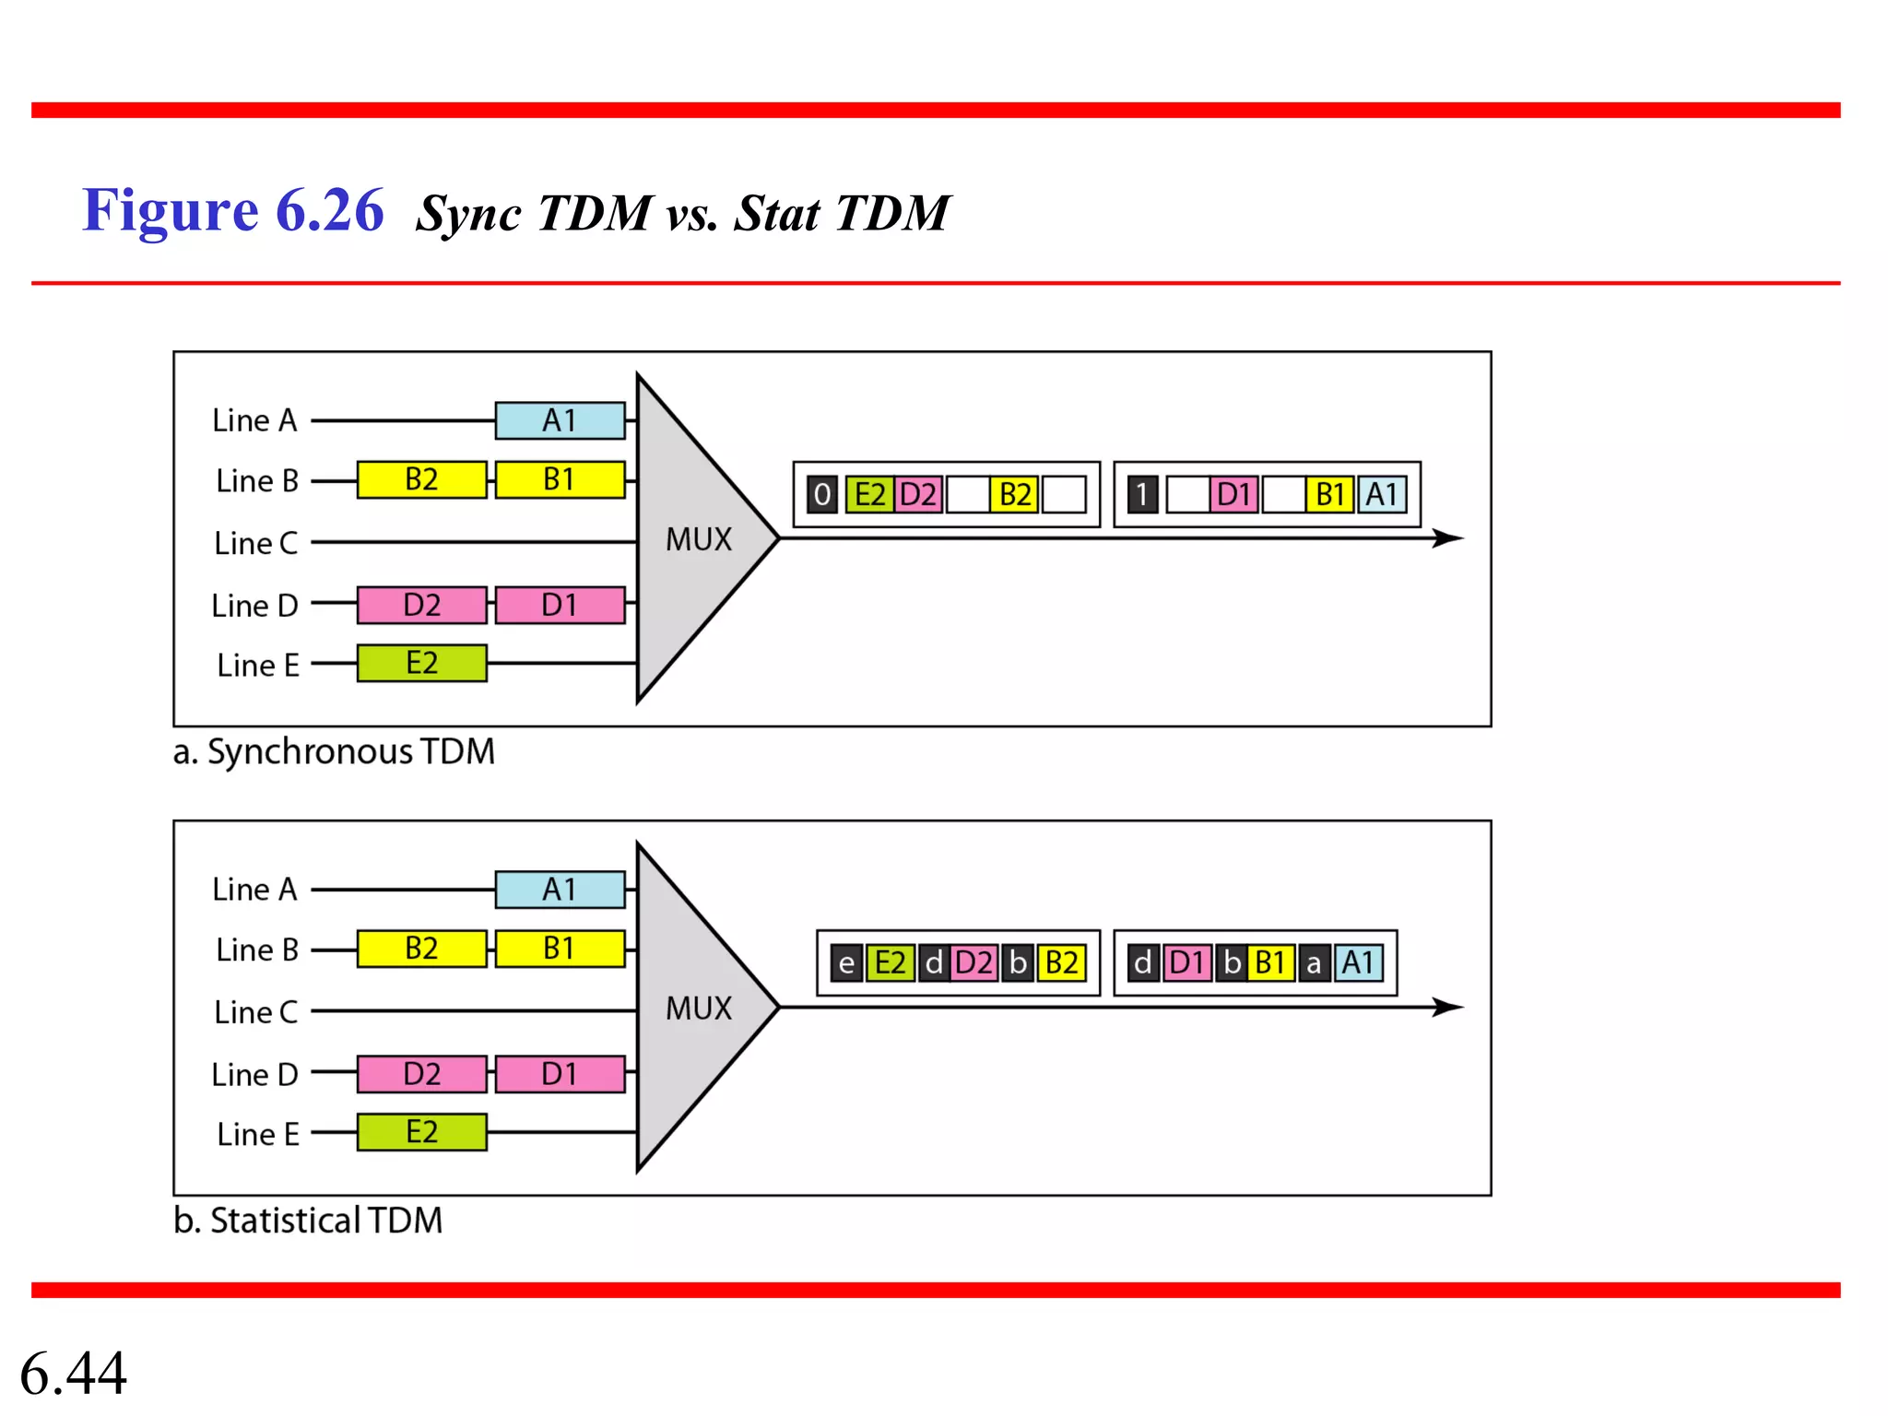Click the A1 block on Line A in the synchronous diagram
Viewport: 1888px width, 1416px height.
pyautogui.click(x=560, y=420)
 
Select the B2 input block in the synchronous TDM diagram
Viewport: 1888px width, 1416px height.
pyautogui.click(x=421, y=479)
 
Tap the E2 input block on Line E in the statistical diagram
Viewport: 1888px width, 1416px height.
pyautogui.click(x=421, y=1131)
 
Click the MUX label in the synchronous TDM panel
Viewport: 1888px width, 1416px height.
pyautogui.click(x=698, y=539)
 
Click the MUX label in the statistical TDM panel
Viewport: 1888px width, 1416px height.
pyautogui.click(x=698, y=1008)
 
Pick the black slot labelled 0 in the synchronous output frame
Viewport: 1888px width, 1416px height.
pyautogui.click(x=821, y=495)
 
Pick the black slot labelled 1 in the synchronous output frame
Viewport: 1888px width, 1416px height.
pyautogui.click(x=1141, y=495)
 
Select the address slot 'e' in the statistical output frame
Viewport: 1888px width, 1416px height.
pyautogui.click(x=845, y=963)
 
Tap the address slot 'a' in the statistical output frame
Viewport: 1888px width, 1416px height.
pyautogui.click(x=1314, y=963)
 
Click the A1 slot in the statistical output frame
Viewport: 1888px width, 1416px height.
pyautogui.click(x=1358, y=963)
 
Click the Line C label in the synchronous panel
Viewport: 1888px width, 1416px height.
pyautogui.click(x=255, y=543)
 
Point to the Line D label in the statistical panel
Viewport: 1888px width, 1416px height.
pyautogui.click(x=254, y=1074)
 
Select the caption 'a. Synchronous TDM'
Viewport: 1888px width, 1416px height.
pyautogui.click(x=334, y=751)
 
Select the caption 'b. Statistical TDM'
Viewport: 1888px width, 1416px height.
pyautogui.click(x=308, y=1220)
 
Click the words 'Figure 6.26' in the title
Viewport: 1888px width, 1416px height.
pyautogui.click(x=233, y=210)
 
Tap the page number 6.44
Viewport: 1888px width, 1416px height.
pyautogui.click(x=73, y=1373)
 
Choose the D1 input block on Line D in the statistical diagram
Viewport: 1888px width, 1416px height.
pyautogui.click(x=560, y=1074)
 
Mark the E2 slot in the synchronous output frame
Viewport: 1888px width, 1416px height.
pyautogui.click(x=868, y=495)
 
